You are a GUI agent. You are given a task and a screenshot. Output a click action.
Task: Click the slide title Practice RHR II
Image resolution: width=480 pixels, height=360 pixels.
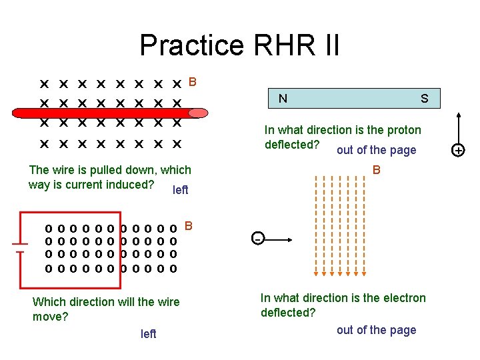239,45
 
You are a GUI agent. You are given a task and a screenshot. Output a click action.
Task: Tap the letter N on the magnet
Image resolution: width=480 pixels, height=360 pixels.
283,99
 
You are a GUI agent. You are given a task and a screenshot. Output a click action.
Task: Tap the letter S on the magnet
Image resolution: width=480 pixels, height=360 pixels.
424,99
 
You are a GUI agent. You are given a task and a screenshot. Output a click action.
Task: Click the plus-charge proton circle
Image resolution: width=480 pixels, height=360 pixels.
458,151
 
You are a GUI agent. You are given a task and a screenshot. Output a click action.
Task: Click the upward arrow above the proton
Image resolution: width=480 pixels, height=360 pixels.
458,127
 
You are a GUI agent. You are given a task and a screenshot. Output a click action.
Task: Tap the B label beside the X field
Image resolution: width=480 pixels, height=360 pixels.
193,83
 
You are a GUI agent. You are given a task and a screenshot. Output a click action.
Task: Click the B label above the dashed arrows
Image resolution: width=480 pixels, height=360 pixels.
377,170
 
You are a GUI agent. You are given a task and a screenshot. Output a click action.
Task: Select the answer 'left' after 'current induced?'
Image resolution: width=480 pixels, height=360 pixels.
180,190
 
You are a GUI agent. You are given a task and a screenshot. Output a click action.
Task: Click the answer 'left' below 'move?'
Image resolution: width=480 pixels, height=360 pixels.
148,334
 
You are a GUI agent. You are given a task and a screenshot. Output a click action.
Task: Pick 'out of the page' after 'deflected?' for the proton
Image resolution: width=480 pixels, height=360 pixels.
376,150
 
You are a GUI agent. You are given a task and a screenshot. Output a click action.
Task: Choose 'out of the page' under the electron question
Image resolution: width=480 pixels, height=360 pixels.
376,330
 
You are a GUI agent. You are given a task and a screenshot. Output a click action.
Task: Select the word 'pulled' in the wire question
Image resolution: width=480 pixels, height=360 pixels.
93,171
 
